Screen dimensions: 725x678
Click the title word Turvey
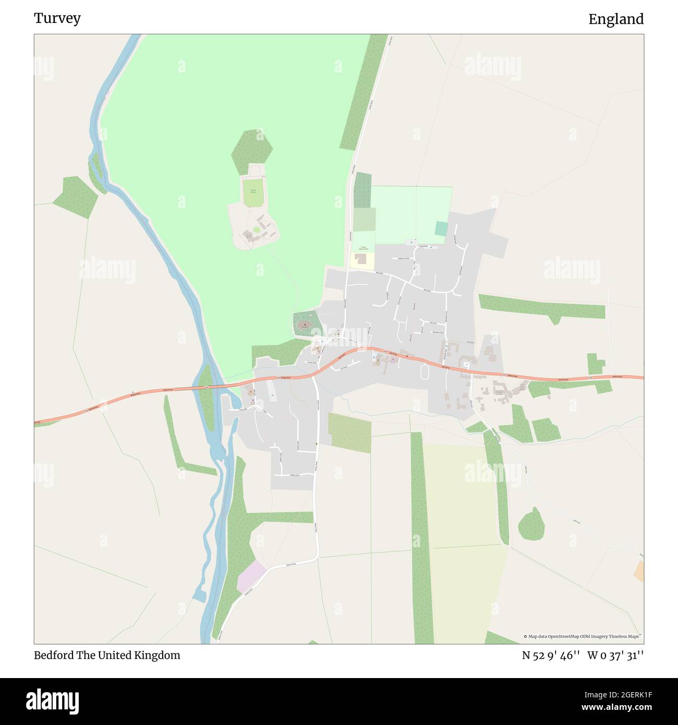coord(57,18)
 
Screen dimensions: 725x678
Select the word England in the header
coord(616,19)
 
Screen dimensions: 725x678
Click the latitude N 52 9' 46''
coord(551,655)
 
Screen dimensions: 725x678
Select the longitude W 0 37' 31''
coord(615,655)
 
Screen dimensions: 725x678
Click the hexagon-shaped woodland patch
coord(252,151)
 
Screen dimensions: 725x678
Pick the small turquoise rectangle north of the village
coord(441,228)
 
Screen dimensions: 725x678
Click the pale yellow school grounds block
coord(361,260)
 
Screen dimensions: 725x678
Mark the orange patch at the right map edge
coord(639,571)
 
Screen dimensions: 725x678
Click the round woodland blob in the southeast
coord(531,524)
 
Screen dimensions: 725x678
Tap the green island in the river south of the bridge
coord(207,396)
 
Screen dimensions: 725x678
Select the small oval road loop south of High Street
coord(424,371)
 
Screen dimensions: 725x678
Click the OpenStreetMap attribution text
coord(583,636)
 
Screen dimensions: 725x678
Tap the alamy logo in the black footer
coord(53,700)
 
